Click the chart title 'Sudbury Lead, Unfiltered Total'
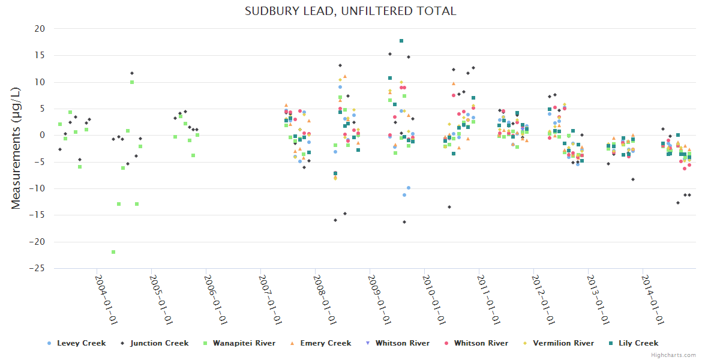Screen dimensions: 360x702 pyautogui.click(x=350, y=11)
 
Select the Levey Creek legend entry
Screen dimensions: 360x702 pyautogui.click(x=81, y=343)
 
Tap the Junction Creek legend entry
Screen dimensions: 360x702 pyautogui.click(x=159, y=343)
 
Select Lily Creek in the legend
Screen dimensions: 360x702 pyautogui.click(x=638, y=343)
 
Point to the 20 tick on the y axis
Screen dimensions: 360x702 pyautogui.click(x=40, y=29)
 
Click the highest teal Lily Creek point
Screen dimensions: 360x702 pyautogui.click(x=401, y=41)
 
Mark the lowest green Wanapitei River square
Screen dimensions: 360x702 pyautogui.click(x=113, y=252)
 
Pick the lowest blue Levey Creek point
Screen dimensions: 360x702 pyautogui.click(x=404, y=195)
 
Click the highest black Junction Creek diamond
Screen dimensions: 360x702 pyautogui.click(x=390, y=54)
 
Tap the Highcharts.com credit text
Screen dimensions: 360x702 pyautogui.click(x=674, y=355)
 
